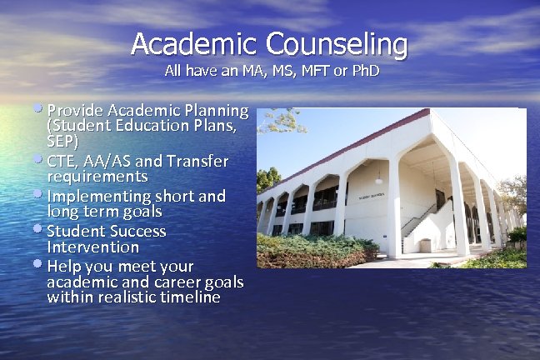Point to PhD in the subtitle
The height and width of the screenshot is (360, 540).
(x=364, y=71)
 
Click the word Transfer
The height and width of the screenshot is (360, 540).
(x=197, y=160)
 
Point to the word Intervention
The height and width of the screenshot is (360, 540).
(x=92, y=247)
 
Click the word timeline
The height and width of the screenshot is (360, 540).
(x=187, y=297)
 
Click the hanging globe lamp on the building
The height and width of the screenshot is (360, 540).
(x=379, y=177)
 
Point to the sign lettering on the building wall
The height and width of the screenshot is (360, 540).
(x=371, y=197)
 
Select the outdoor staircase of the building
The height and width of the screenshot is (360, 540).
(x=421, y=221)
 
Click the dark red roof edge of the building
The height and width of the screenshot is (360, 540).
(x=350, y=141)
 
